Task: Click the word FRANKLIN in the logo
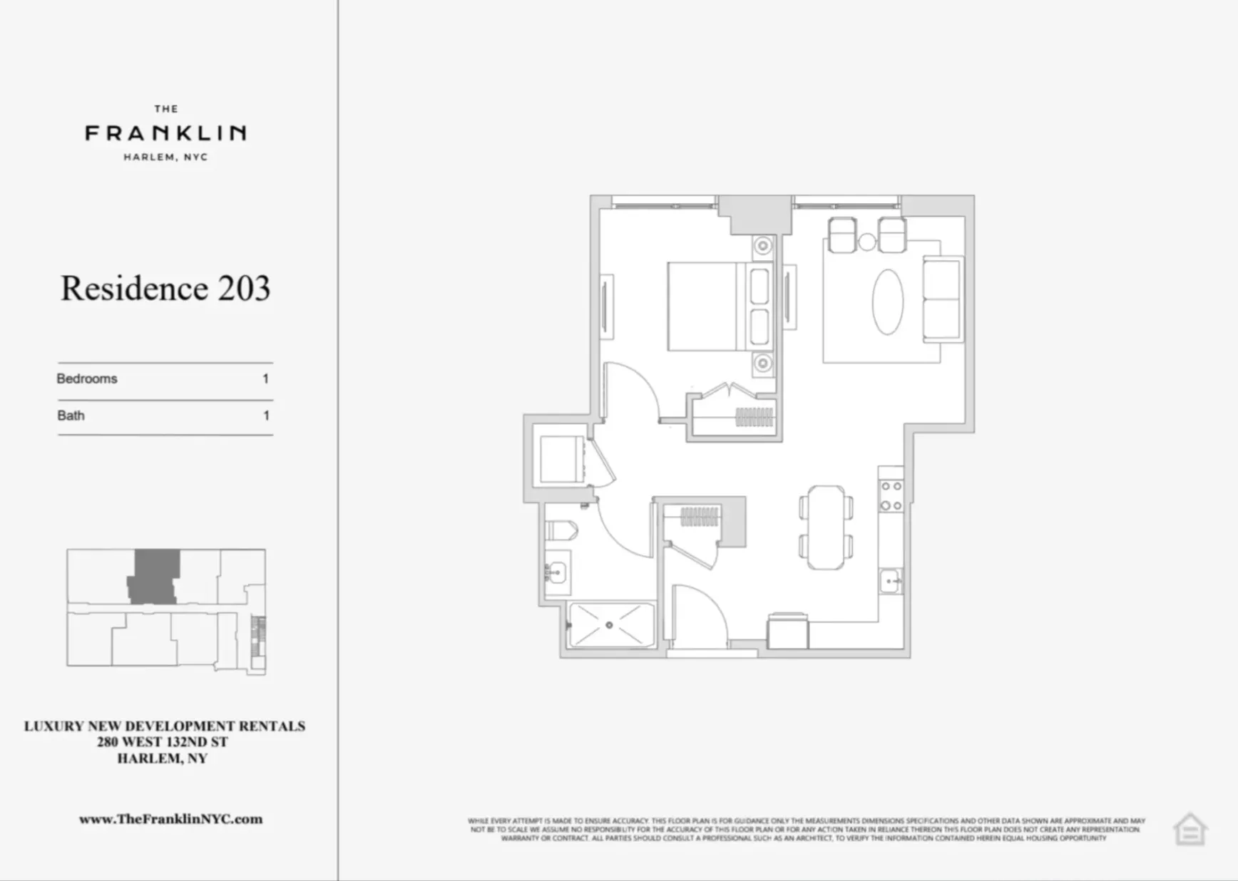(165, 133)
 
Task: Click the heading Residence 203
(165, 289)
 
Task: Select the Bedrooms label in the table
(87, 378)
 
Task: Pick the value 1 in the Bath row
(266, 416)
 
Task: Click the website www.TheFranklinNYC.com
(170, 819)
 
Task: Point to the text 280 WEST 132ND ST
(163, 742)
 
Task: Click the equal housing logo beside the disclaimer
(1190, 829)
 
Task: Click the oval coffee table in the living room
(888, 302)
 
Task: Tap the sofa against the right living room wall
(942, 299)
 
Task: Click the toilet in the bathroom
(561, 530)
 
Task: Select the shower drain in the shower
(609, 625)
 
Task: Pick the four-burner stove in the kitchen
(891, 495)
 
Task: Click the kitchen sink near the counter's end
(891, 581)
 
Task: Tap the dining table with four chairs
(826, 527)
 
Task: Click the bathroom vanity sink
(556, 572)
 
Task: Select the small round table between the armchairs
(867, 242)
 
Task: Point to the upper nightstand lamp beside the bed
(763, 246)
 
